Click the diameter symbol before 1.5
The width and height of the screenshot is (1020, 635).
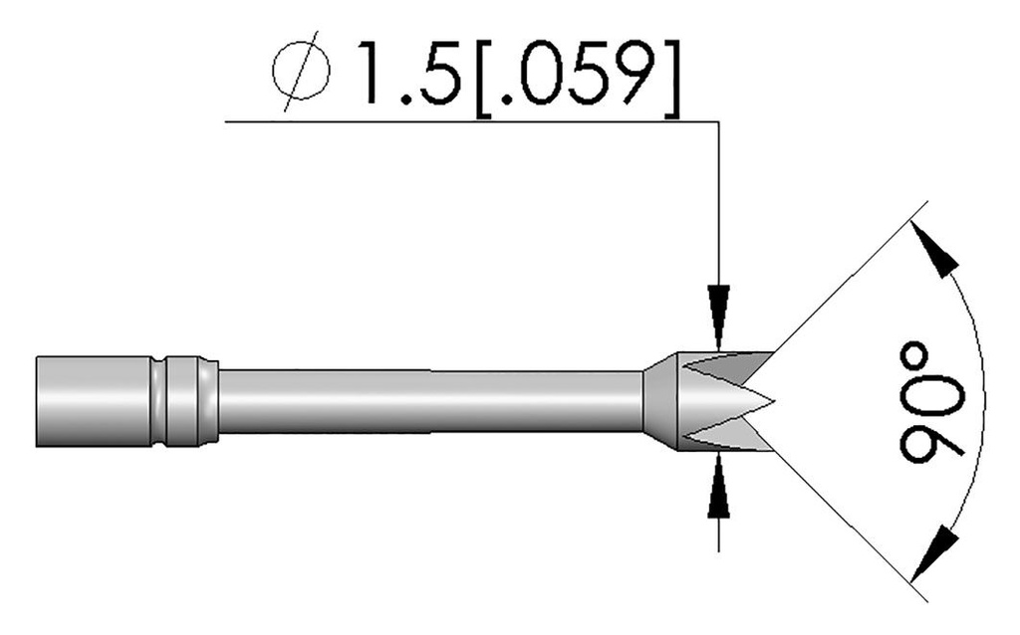300,71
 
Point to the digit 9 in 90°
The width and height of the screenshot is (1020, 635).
931,436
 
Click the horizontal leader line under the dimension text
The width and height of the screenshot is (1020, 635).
468,121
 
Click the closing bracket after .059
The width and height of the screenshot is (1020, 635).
672,73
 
